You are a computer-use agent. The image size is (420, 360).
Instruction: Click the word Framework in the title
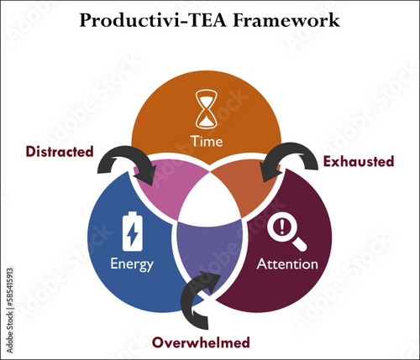pos(286,20)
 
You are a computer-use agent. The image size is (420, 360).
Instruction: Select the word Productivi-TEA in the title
pos(153,20)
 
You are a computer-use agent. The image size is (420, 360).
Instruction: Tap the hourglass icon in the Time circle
pos(206,109)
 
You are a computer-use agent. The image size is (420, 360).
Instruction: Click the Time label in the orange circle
pos(207,141)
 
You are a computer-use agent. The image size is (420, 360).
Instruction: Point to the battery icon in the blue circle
pos(133,232)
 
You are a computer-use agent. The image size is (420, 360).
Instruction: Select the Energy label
pos(132,264)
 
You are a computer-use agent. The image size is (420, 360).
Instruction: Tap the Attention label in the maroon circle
pos(287,264)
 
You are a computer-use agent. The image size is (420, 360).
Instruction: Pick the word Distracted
pos(60,152)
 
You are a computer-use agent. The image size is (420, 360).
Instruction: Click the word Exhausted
pos(359,161)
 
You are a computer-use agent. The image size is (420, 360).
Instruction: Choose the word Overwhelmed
pos(201,342)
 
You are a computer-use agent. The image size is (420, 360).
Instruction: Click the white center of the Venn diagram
pos(210,201)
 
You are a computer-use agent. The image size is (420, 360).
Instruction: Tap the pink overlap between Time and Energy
pos(168,186)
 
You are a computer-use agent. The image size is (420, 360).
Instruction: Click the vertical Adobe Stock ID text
pos(9,310)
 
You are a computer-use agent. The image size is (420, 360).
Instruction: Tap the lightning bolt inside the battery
pos(132,234)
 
